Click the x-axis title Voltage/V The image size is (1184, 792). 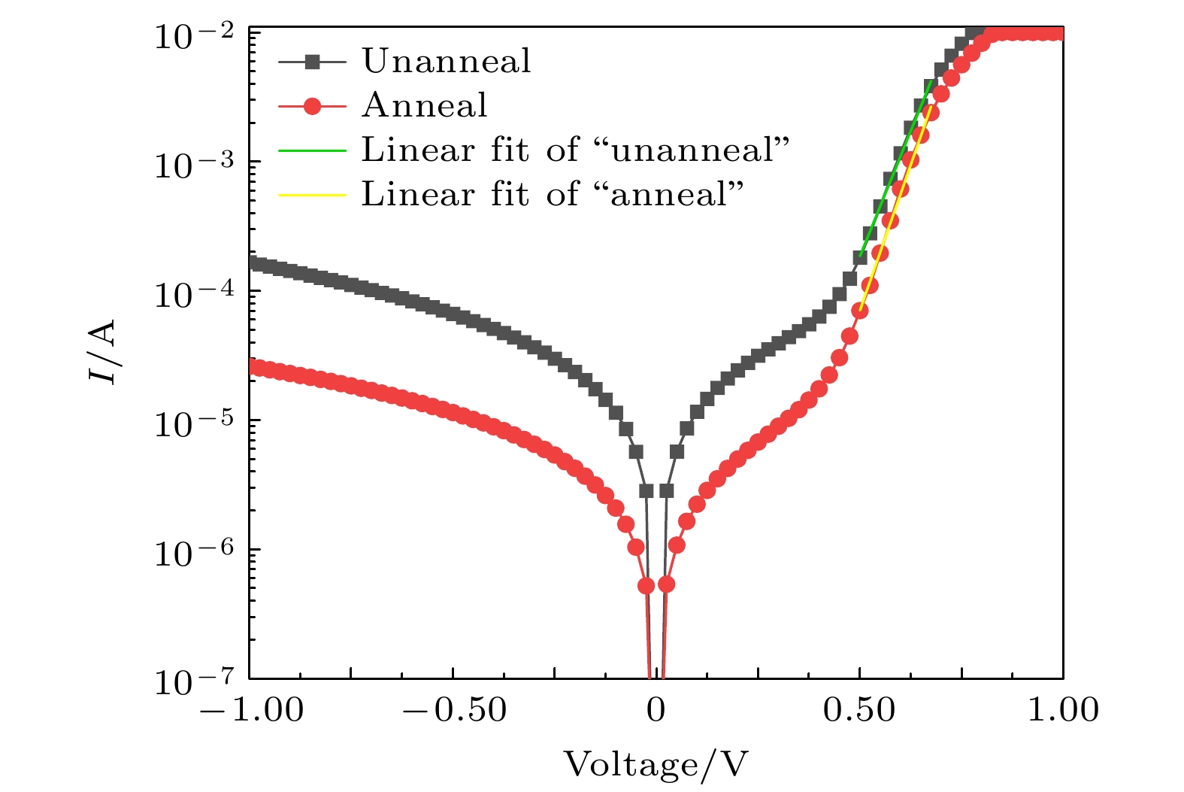click(x=656, y=765)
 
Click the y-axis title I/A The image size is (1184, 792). click(x=103, y=351)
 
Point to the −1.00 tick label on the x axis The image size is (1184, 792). click(x=251, y=709)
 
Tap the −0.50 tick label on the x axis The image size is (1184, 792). click(x=454, y=709)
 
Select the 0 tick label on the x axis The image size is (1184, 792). click(x=657, y=709)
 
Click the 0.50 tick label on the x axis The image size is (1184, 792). click(x=859, y=709)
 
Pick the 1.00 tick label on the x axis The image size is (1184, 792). click(x=1063, y=709)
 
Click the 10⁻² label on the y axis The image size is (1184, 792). click(x=196, y=35)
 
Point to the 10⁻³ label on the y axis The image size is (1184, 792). click(x=196, y=165)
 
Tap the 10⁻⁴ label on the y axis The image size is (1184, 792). click(x=196, y=294)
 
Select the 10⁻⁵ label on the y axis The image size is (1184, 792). click(x=196, y=423)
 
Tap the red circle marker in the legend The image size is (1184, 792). click(x=312, y=107)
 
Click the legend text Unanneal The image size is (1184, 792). click(x=447, y=62)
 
